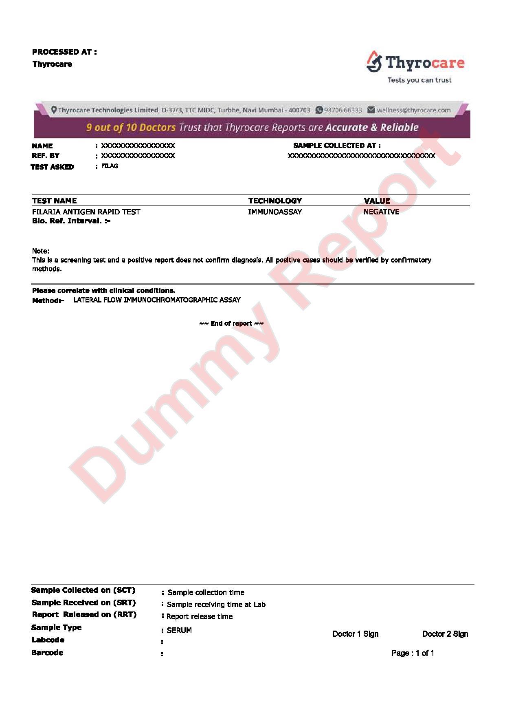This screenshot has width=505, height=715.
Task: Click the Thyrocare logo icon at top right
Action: click(x=374, y=62)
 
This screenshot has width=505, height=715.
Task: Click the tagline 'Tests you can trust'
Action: click(x=419, y=80)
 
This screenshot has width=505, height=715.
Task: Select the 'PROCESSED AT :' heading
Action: click(x=64, y=52)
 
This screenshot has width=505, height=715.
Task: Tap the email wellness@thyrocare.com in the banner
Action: click(x=413, y=110)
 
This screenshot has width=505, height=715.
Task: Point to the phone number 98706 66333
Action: click(x=343, y=110)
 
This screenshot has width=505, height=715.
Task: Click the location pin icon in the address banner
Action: click(x=54, y=110)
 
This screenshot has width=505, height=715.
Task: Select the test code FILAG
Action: click(x=110, y=166)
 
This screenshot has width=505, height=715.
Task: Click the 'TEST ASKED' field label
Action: click(x=52, y=167)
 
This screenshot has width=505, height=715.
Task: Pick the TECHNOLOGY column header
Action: click(x=275, y=201)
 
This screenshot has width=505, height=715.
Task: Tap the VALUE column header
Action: click(x=377, y=201)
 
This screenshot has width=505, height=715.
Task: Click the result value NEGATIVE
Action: click(x=381, y=212)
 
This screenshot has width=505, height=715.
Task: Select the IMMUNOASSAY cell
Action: click(x=275, y=212)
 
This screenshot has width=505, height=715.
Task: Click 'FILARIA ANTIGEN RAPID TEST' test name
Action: click(x=86, y=212)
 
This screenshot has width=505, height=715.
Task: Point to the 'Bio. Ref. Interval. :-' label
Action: click(x=71, y=221)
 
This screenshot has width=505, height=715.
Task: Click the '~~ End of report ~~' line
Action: click(x=231, y=323)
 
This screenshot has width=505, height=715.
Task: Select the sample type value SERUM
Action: click(x=179, y=630)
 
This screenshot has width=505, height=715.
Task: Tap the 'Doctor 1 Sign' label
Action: click(x=356, y=634)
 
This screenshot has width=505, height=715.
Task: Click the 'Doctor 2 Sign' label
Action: click(x=445, y=634)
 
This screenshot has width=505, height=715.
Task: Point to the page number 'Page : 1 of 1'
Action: click(x=413, y=653)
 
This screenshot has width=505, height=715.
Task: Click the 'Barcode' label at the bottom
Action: click(x=47, y=653)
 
